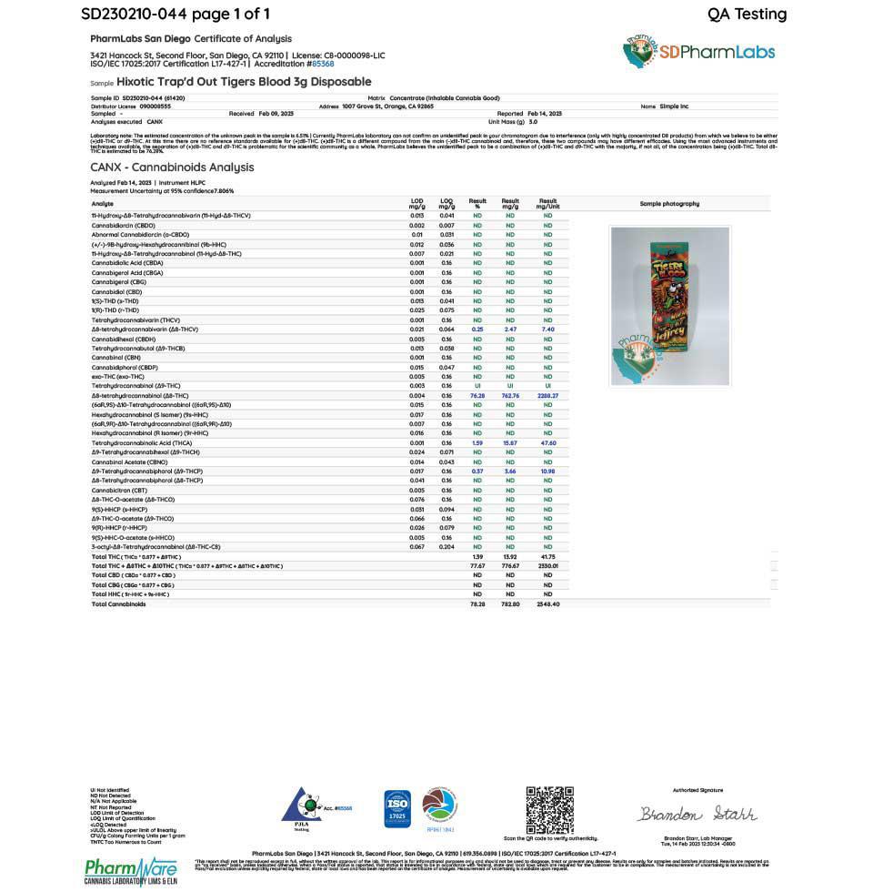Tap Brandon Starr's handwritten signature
(697, 814)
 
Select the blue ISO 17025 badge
(397, 808)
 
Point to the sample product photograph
(670, 305)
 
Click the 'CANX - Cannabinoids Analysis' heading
(172, 167)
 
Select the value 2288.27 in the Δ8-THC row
(547, 396)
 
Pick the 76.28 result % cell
(477, 396)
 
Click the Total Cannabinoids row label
(118, 603)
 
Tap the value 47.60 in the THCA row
(547, 442)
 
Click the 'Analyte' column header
(102, 204)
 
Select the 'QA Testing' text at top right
(747, 14)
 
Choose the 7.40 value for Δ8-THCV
(547, 329)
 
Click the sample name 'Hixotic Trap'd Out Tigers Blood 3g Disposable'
(244, 82)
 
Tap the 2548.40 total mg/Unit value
(547, 603)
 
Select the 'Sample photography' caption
(669, 204)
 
